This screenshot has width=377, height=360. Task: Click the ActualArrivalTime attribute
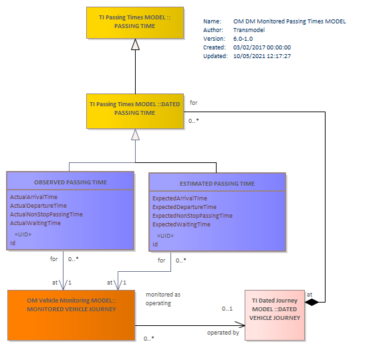tap(33, 197)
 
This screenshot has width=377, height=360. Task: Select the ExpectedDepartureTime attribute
tap(184, 207)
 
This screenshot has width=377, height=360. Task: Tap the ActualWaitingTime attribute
tap(35, 223)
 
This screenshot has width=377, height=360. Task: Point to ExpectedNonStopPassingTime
tap(193, 216)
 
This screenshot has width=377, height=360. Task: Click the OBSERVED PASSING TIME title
tap(70, 182)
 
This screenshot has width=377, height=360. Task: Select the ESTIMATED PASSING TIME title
tap(217, 184)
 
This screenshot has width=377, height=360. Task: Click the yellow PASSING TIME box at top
tap(135, 23)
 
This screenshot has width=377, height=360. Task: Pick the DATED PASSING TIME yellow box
tap(135, 112)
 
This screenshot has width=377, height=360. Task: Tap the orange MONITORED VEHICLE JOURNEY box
tap(71, 315)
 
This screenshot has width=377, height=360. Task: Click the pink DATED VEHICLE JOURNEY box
tap(275, 315)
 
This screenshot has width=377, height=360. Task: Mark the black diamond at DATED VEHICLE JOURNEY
tap(311, 302)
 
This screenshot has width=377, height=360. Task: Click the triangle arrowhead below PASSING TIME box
tap(136, 45)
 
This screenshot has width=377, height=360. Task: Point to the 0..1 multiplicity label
tap(227, 309)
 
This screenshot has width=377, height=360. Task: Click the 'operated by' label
tap(223, 333)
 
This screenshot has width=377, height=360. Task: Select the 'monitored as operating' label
tap(163, 299)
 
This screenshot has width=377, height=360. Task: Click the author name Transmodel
tap(249, 30)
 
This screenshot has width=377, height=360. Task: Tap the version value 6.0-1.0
tap(243, 39)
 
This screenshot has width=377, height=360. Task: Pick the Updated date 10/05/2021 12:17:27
tap(262, 56)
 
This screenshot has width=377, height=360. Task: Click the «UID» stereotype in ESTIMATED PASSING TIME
tap(165, 236)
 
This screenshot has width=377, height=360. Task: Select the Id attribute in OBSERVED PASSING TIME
tap(13, 243)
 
